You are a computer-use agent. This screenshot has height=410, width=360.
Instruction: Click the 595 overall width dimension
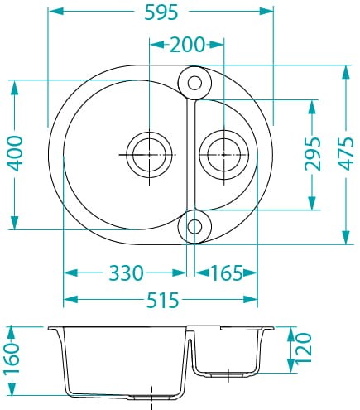pyautogui.click(x=161, y=12)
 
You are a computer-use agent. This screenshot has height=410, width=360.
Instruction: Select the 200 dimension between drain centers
pyautogui.click(x=187, y=45)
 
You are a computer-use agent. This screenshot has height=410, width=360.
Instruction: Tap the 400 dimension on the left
pyautogui.click(x=15, y=153)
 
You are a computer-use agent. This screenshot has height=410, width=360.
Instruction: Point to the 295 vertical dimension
pyautogui.click(x=313, y=153)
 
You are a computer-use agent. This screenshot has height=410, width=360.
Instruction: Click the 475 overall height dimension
pyautogui.click(x=346, y=153)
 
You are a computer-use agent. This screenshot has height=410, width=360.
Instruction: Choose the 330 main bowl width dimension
pyautogui.click(x=126, y=273)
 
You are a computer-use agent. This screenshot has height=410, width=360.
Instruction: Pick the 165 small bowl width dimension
pyautogui.click(x=227, y=273)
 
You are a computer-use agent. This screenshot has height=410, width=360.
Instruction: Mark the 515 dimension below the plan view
pyautogui.click(x=162, y=300)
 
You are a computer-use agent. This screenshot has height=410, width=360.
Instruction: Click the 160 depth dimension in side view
pyautogui.click(x=12, y=358)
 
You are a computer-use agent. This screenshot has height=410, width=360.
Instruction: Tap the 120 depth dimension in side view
pyautogui.click(x=304, y=349)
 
